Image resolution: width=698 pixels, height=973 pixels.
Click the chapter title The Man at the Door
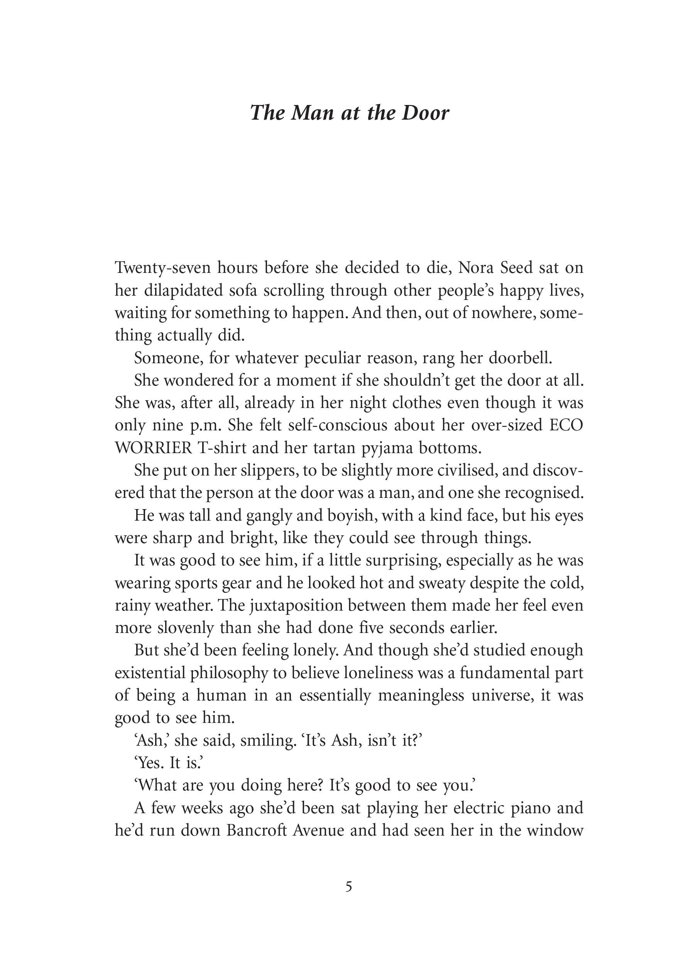349,113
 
